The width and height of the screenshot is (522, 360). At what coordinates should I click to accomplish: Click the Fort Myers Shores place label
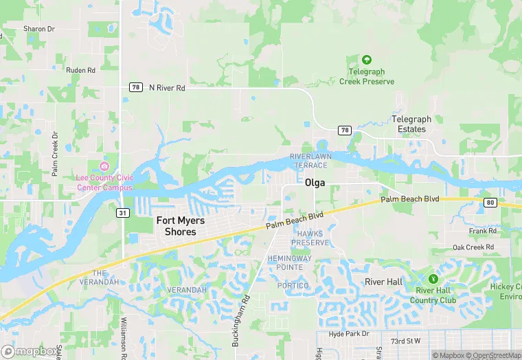[x=177, y=226]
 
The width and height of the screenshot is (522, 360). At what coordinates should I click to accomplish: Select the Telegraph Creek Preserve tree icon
[x=367, y=60]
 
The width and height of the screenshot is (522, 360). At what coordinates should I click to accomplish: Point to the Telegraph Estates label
[x=411, y=124]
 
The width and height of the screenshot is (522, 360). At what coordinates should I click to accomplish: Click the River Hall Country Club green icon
[x=433, y=279]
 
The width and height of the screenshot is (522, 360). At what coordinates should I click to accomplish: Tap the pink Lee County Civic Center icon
[x=104, y=167]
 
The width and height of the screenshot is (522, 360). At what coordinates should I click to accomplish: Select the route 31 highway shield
[x=122, y=213]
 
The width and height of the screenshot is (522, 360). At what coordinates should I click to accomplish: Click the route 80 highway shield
[x=490, y=202]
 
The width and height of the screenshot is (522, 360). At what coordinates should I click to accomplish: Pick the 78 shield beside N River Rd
[x=135, y=88]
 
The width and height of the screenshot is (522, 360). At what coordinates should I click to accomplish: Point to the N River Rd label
[x=168, y=88]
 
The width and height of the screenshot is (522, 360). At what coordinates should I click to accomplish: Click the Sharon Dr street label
[x=38, y=29]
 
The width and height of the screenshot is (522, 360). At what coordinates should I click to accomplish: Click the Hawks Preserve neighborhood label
[x=310, y=238]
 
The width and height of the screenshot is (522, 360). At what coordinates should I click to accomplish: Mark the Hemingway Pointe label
[x=289, y=262]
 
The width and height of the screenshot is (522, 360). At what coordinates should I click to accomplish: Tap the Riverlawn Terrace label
[x=308, y=161]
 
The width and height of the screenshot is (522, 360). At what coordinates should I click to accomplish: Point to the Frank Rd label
[x=483, y=232]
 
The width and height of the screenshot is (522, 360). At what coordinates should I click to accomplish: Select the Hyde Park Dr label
[x=348, y=334]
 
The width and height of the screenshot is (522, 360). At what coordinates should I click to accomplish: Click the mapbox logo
[x=30, y=351]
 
